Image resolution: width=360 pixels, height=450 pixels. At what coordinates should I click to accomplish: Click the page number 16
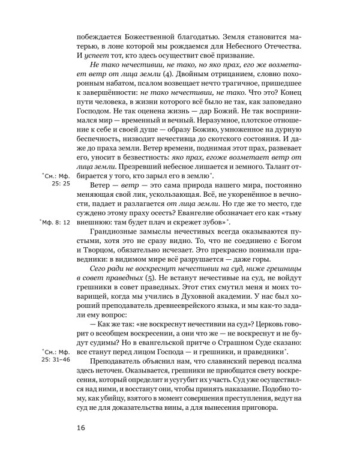coord(82,427)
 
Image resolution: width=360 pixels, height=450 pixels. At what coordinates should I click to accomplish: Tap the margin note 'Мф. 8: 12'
coord(55,222)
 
